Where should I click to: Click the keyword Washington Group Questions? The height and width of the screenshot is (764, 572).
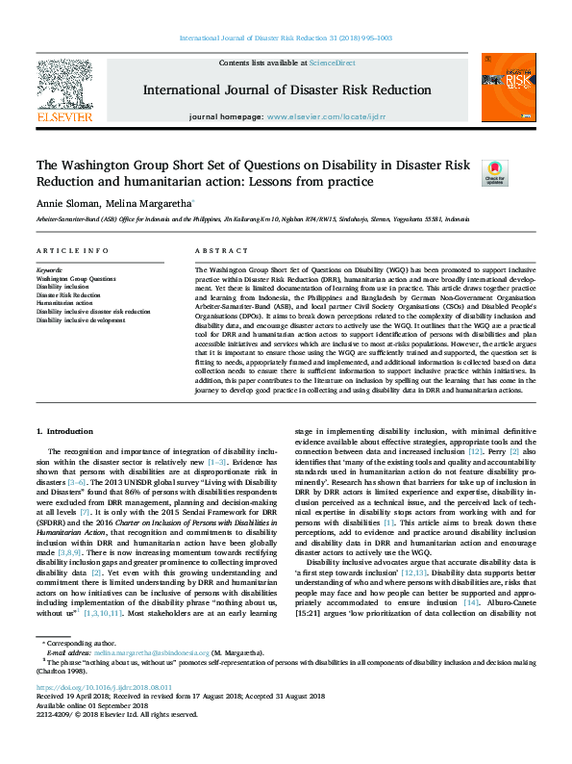[75, 278]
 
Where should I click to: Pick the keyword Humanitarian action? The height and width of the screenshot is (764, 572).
[64, 303]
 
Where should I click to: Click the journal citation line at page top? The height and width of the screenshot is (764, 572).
[286, 38]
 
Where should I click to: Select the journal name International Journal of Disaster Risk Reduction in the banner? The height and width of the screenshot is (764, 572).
[286, 89]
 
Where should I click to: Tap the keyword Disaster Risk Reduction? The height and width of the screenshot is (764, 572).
[69, 295]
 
